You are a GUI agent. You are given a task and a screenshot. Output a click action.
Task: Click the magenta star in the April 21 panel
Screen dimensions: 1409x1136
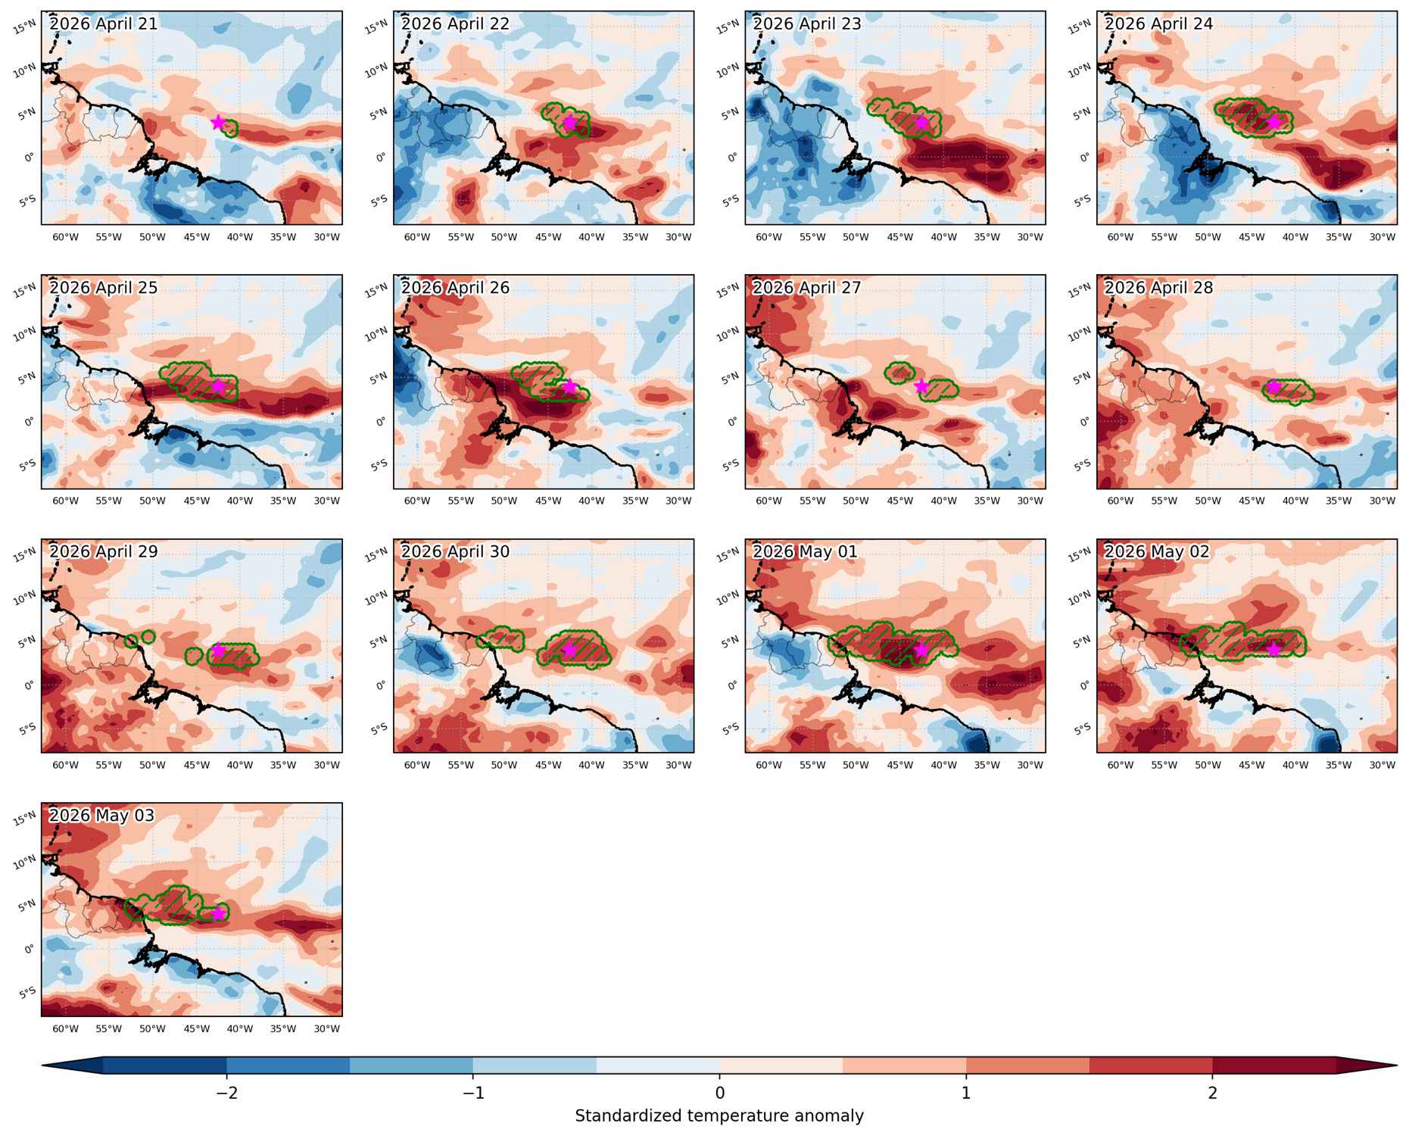pyautogui.click(x=218, y=122)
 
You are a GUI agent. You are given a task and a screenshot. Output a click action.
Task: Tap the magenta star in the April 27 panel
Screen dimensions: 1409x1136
pyautogui.click(x=921, y=386)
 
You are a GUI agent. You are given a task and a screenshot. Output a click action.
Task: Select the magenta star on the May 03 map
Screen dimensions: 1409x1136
pyautogui.click(x=218, y=913)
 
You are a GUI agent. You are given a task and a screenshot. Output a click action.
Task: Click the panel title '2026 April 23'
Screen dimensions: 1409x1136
pyautogui.click(x=807, y=23)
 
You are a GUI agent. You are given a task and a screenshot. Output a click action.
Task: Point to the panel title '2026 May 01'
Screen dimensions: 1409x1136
pyautogui.click(x=805, y=551)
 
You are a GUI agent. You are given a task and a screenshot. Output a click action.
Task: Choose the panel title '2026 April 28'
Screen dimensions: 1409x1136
pyautogui.click(x=1158, y=288)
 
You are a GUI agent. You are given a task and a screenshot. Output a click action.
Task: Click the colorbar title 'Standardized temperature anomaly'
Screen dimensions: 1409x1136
pyautogui.click(x=719, y=1116)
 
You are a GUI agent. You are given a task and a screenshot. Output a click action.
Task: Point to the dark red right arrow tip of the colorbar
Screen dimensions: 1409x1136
pyautogui.click(x=1395, y=1065)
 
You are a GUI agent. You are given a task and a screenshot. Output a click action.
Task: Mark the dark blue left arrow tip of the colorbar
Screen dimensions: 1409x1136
pyautogui.click(x=45, y=1065)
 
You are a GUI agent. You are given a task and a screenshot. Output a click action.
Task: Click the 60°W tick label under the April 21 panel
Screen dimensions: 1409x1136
pyautogui.click(x=65, y=237)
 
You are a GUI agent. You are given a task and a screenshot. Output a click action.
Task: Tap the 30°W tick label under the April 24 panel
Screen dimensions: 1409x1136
pyautogui.click(x=1383, y=237)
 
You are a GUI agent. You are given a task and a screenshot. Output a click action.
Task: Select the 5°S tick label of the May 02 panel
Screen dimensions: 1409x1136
pyautogui.click(x=1083, y=729)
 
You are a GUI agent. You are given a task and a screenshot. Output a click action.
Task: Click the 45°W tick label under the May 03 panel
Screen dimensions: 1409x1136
pyautogui.click(x=196, y=1028)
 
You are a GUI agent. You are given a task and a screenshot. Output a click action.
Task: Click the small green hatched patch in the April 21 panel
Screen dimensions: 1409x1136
pyautogui.click(x=229, y=129)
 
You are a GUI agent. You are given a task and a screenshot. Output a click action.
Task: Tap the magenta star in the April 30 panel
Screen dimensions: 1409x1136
pyautogui.click(x=570, y=650)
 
